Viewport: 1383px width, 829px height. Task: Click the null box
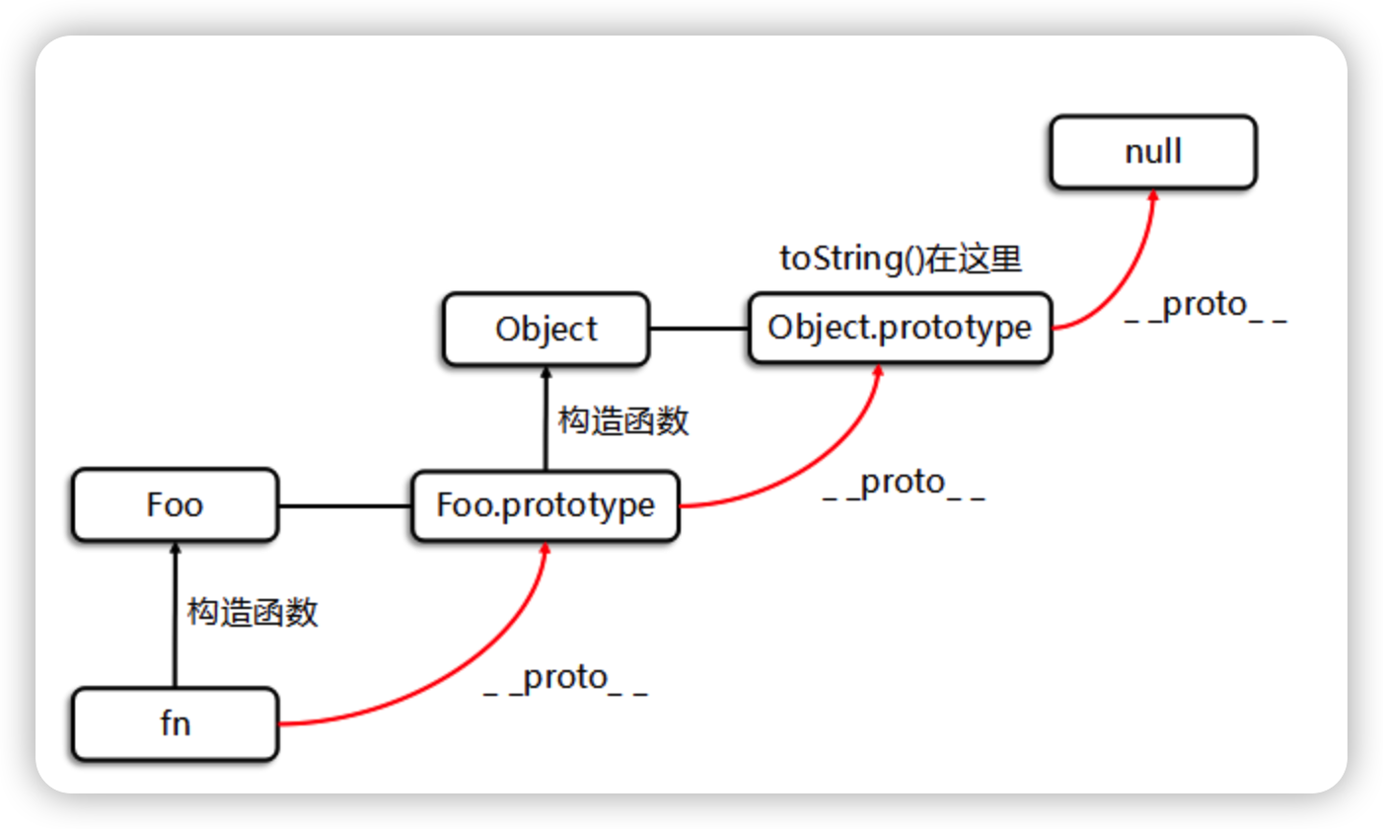click(x=1152, y=152)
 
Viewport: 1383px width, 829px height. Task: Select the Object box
click(x=546, y=329)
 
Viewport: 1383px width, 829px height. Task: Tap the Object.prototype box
click(x=900, y=328)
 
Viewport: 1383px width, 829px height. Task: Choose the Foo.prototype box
click(x=546, y=505)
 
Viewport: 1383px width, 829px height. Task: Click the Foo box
click(x=175, y=505)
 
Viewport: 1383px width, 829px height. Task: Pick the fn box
click(x=175, y=724)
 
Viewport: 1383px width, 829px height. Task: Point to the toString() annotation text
click(x=901, y=259)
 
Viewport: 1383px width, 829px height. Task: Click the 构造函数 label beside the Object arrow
click(x=622, y=421)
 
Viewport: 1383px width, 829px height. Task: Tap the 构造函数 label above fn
click(x=253, y=613)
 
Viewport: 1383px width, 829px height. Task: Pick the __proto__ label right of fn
click(x=565, y=680)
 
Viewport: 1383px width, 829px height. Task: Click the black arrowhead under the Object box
click(x=546, y=373)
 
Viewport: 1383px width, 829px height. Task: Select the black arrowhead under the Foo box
click(x=175, y=550)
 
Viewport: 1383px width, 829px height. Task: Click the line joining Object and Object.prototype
click(x=698, y=329)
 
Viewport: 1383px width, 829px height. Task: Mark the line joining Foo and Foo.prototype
click(x=344, y=506)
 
